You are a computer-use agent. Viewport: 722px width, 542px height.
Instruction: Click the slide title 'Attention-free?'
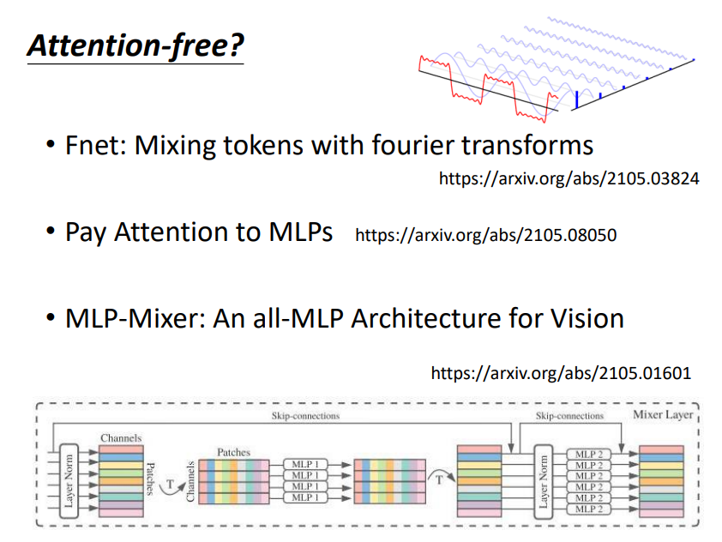[135, 45]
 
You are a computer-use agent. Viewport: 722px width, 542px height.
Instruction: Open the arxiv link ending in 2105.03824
[569, 179]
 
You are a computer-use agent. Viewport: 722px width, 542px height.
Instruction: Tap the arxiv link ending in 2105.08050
[485, 234]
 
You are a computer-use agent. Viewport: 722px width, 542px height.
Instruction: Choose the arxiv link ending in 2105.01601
[561, 373]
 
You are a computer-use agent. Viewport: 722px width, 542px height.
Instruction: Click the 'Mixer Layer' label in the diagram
[662, 415]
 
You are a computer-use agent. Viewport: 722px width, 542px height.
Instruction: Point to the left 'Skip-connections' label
[299, 416]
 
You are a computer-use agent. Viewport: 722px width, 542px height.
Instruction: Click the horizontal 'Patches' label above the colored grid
[233, 451]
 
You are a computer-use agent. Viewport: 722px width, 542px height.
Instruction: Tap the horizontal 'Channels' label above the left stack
[120, 437]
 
